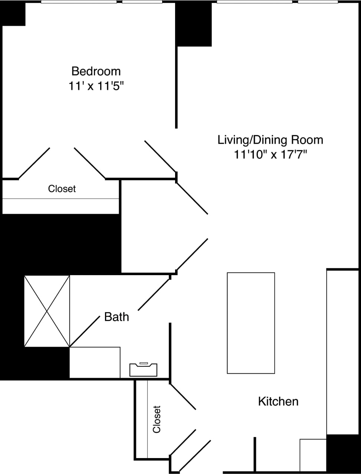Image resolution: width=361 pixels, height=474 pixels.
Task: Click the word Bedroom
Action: coord(96,71)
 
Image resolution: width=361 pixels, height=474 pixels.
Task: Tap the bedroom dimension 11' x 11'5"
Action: coord(96,86)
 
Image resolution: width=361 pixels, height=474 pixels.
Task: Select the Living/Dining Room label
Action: coord(270,140)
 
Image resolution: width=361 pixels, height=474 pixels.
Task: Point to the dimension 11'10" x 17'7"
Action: coord(270,154)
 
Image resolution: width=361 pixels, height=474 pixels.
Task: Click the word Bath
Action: coord(116,317)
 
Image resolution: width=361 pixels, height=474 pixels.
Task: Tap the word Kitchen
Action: coord(278,401)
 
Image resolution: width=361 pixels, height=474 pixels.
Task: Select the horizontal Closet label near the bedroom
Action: coord(62,189)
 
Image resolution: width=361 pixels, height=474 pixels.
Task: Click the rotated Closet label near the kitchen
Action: coord(157,419)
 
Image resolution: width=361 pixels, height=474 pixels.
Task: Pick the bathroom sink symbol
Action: coord(143,370)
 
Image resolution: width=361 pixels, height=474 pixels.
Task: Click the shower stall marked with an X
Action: coord(47,311)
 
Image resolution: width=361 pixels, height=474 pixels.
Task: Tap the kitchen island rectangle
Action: coord(251,323)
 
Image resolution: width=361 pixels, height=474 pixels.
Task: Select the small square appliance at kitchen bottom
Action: coord(313,455)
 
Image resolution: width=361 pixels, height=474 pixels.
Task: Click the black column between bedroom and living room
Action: coord(194,24)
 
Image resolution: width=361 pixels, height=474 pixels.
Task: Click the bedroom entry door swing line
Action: coord(160,156)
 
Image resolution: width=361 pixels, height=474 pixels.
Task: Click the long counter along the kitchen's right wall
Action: coord(342,352)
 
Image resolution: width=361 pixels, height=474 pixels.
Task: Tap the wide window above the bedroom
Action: coord(79,2)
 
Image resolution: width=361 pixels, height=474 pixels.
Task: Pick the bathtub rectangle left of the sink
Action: coord(95,363)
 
